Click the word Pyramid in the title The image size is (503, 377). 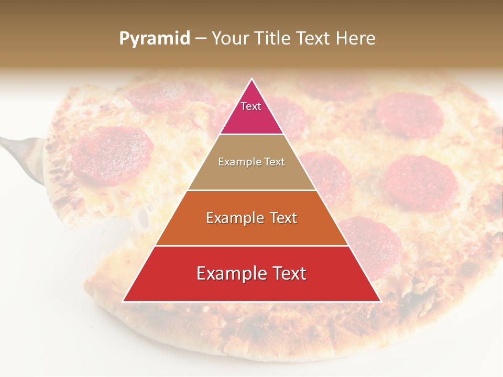tap(154, 39)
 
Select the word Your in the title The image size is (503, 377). tap(229, 38)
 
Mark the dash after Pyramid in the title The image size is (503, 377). tap(200, 39)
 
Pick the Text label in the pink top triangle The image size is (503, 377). tap(251, 106)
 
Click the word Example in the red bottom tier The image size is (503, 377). tap(230, 273)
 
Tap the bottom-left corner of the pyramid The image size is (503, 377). tap(124, 301)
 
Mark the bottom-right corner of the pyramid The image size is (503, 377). tap(380, 301)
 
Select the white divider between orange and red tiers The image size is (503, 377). tap(252, 246)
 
